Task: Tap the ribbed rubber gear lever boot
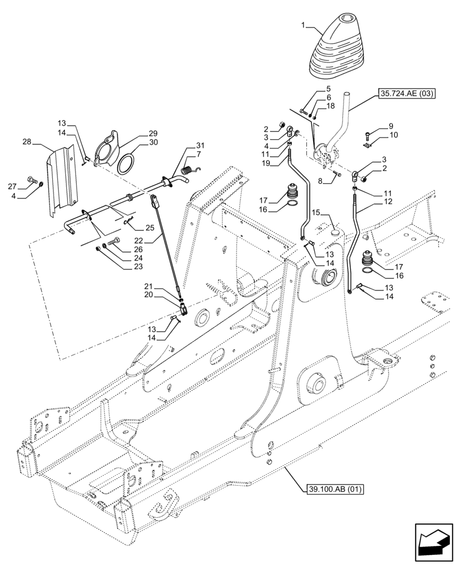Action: pyautogui.click(x=334, y=48)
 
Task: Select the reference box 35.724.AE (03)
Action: pyautogui.click(x=403, y=94)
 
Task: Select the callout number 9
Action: pyautogui.click(x=391, y=126)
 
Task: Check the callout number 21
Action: pyautogui.click(x=148, y=287)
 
